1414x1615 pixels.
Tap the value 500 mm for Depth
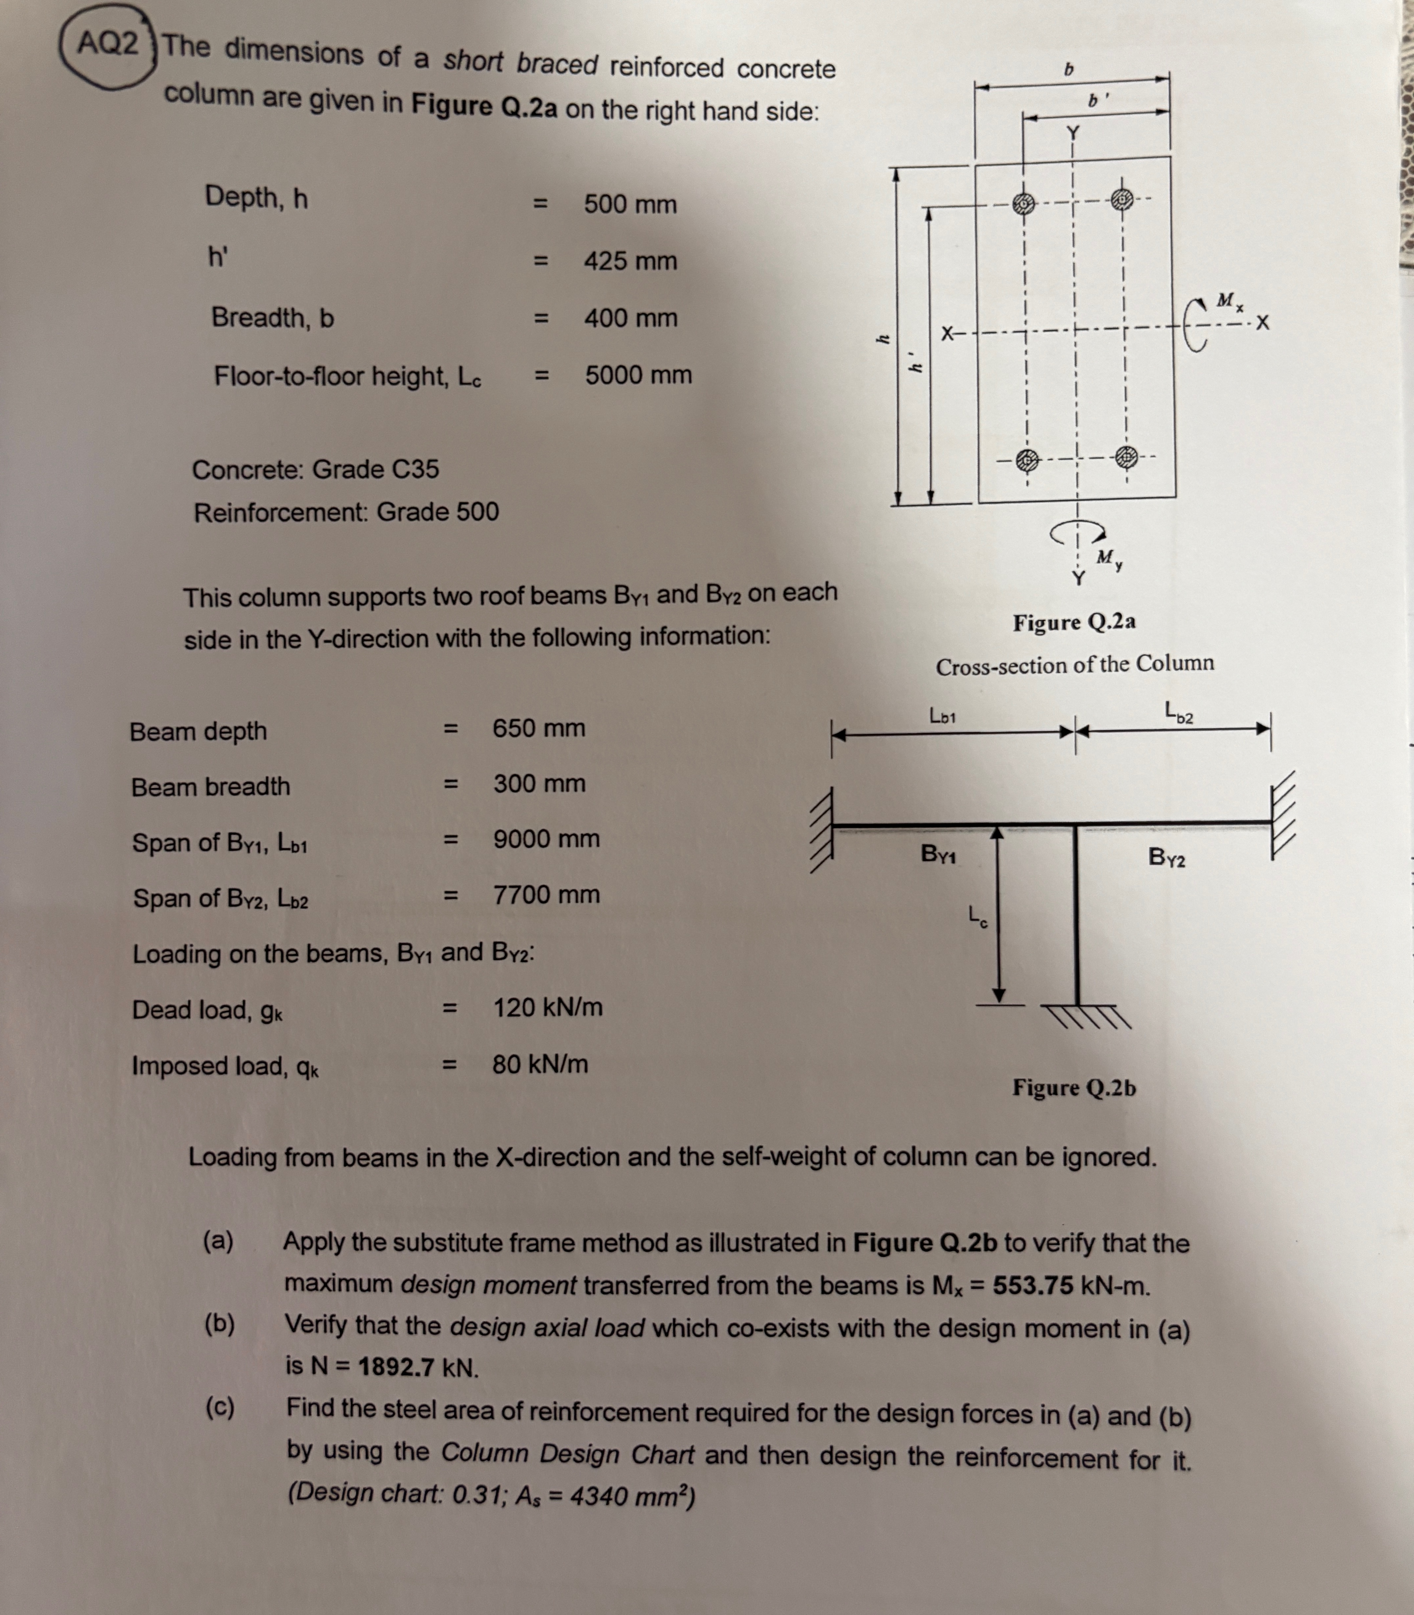pyautogui.click(x=630, y=204)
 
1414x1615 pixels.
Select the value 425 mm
pyautogui.click(x=630, y=261)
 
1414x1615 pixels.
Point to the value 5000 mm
pyautogui.click(x=638, y=375)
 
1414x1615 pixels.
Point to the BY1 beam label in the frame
pyautogui.click(x=938, y=854)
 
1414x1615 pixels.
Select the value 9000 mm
pyautogui.click(x=546, y=839)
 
